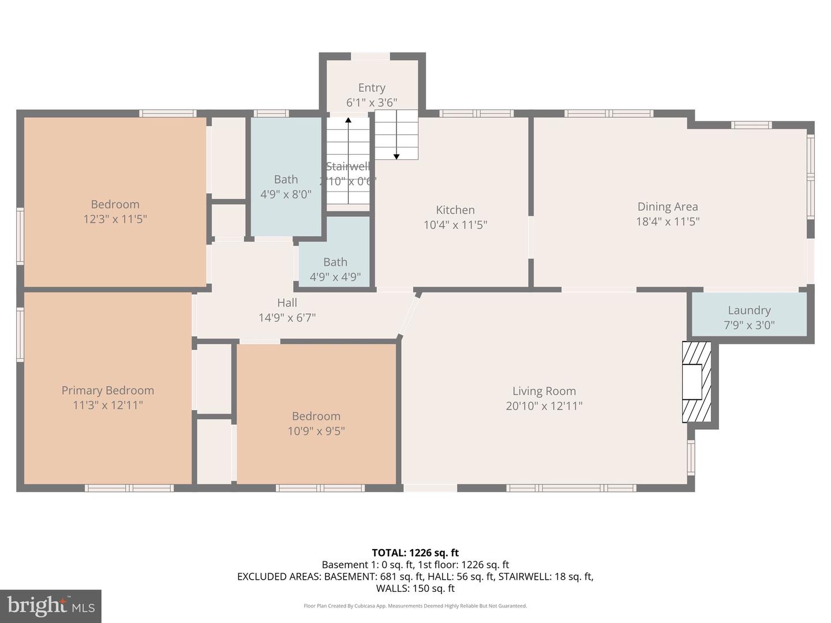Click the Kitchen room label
(455, 210)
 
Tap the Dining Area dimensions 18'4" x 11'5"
(667, 222)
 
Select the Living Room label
(544, 391)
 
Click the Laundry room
(748, 317)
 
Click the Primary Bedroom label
(108, 391)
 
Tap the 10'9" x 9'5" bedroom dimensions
(316, 431)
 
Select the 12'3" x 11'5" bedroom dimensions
(115, 219)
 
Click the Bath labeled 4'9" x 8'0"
(286, 186)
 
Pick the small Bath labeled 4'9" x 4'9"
(335, 269)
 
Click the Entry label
(372, 88)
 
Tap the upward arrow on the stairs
(348, 121)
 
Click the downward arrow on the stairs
(396, 155)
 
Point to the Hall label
(287, 303)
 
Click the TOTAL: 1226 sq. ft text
(415, 553)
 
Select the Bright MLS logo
(51, 606)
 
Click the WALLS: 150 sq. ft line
(415, 588)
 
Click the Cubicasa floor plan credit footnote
(415, 606)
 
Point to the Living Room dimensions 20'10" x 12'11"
(544, 406)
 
